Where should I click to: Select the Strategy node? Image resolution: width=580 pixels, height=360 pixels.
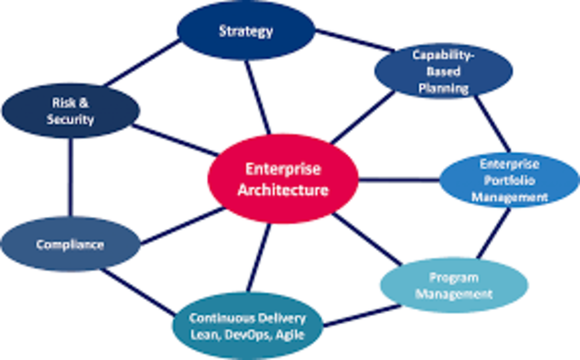click(245, 31)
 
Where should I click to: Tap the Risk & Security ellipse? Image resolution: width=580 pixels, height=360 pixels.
click(71, 111)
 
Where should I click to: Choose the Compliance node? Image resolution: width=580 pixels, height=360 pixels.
click(70, 244)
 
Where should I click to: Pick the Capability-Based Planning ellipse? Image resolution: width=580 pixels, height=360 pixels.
click(443, 71)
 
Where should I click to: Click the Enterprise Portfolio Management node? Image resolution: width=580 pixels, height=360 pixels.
click(509, 180)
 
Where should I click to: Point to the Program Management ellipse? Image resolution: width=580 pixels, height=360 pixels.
click(454, 286)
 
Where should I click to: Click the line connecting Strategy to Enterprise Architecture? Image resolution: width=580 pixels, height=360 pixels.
click(257, 97)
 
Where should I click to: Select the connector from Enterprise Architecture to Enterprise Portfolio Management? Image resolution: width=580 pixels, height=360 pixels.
click(399, 179)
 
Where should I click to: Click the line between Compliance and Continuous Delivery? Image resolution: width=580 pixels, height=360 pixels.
click(139, 293)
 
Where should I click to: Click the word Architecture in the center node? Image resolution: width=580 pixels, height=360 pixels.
click(283, 190)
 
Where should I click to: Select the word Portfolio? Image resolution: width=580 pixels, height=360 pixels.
click(509, 180)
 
